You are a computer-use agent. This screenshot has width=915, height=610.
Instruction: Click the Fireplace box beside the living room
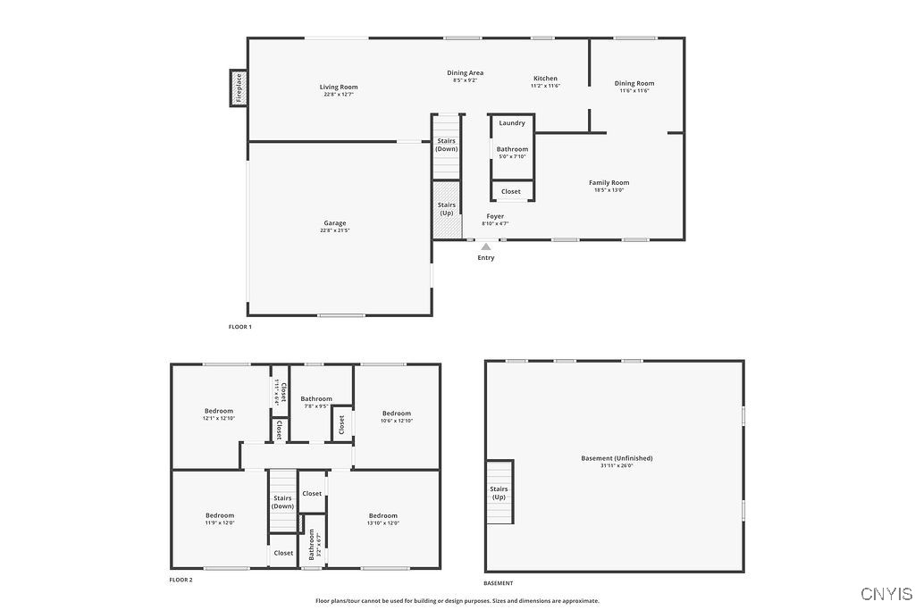tap(239, 88)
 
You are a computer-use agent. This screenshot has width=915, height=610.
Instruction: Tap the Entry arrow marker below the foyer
tap(486, 247)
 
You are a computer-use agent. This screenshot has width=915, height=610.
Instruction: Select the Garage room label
tap(335, 223)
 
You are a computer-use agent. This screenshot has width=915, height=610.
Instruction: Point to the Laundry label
tap(512, 123)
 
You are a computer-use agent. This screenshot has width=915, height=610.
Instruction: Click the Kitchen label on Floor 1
tap(545, 79)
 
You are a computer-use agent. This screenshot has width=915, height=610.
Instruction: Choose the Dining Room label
tap(634, 84)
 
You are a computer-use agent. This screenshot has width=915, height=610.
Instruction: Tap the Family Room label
tap(609, 183)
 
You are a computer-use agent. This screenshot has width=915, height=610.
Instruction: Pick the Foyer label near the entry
tap(495, 217)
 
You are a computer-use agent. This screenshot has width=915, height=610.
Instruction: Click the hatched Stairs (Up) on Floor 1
tap(446, 210)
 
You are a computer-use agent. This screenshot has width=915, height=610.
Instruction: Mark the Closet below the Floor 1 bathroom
tap(511, 191)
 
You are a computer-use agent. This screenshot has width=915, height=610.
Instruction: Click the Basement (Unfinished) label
tap(617, 458)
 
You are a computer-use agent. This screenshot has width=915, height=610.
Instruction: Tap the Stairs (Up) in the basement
tap(499, 492)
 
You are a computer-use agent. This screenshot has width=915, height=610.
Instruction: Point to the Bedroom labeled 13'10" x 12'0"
tap(383, 516)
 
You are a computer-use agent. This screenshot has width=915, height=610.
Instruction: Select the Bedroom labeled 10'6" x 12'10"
tap(397, 414)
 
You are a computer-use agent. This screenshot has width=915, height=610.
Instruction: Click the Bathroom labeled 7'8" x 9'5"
tap(316, 399)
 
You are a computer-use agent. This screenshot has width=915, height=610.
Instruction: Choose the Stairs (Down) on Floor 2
tap(283, 502)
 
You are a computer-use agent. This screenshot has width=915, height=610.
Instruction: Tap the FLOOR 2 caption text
tap(180, 580)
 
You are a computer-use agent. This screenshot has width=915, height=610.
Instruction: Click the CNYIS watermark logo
tap(886, 594)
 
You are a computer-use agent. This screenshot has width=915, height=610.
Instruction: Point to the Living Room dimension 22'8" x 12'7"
tap(339, 94)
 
